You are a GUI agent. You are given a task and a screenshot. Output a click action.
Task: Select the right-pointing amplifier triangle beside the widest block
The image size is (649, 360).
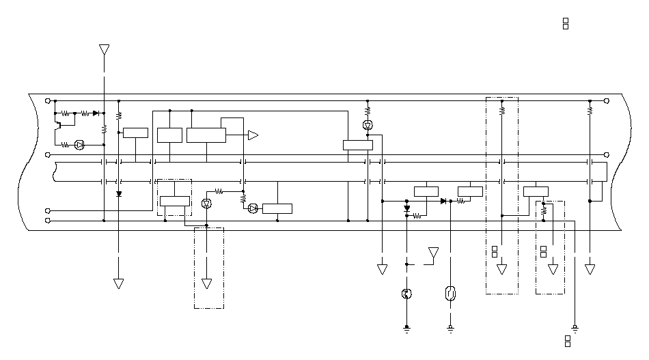[x=253, y=135]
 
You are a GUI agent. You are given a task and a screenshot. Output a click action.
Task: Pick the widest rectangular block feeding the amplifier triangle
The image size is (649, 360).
[x=206, y=135]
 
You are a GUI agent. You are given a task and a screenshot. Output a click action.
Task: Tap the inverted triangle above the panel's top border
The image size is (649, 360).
[x=104, y=49]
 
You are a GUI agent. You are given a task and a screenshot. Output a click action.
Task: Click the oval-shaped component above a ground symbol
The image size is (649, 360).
[x=450, y=294]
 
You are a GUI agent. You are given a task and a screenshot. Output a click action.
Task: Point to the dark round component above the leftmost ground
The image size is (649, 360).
[x=406, y=294]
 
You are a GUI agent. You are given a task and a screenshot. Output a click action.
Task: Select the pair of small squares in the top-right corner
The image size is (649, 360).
[x=566, y=24]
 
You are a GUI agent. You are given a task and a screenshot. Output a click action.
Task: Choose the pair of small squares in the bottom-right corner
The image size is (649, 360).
[x=568, y=342]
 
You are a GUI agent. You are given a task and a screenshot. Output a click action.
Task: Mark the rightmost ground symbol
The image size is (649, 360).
[x=575, y=329]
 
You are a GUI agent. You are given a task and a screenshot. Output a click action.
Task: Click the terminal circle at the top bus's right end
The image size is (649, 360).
[x=607, y=100]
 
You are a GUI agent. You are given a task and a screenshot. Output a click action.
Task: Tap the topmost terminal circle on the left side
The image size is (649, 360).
[x=47, y=100]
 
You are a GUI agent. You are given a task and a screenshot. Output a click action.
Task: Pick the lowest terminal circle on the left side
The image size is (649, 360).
[x=47, y=221]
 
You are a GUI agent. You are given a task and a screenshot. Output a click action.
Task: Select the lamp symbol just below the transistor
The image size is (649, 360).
[x=79, y=145]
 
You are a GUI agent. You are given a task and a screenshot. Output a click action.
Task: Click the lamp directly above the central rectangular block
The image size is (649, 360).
[x=368, y=125]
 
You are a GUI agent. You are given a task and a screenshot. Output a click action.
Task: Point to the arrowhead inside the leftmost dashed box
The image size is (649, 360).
[x=208, y=283]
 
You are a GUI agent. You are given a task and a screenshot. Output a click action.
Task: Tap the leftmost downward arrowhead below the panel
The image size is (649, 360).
[x=118, y=283]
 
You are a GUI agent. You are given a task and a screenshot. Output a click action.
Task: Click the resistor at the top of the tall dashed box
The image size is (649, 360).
[x=502, y=109]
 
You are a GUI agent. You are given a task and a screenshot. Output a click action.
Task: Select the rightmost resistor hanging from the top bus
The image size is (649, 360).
[x=590, y=109]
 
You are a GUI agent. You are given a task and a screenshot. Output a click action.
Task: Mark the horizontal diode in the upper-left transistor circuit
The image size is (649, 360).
[x=96, y=113]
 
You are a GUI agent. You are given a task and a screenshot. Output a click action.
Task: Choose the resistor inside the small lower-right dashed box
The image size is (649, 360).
[x=544, y=212]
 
